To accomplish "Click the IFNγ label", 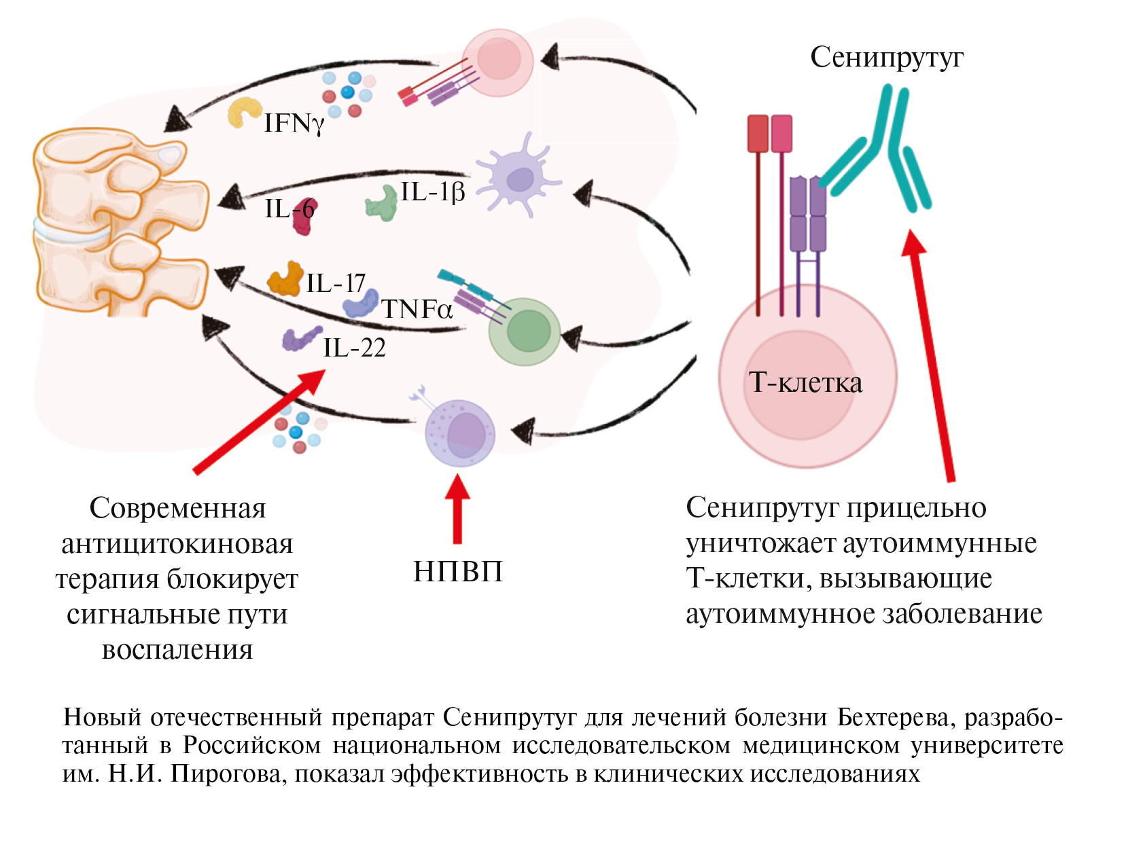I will tap(294, 124).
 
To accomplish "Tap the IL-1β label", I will tap(432, 192).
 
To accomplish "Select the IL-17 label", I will tap(336, 283).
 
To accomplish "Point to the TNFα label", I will tap(417, 310).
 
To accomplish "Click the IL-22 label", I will tap(354, 348).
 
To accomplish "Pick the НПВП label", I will tap(458, 572).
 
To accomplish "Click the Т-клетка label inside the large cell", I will tap(805, 383).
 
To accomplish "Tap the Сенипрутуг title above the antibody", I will tap(886, 58).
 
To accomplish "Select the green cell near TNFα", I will tap(525, 332).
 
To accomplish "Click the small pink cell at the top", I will tap(497, 62).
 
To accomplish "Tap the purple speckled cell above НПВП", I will tap(459, 433).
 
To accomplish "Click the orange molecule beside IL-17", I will tap(285, 279).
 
